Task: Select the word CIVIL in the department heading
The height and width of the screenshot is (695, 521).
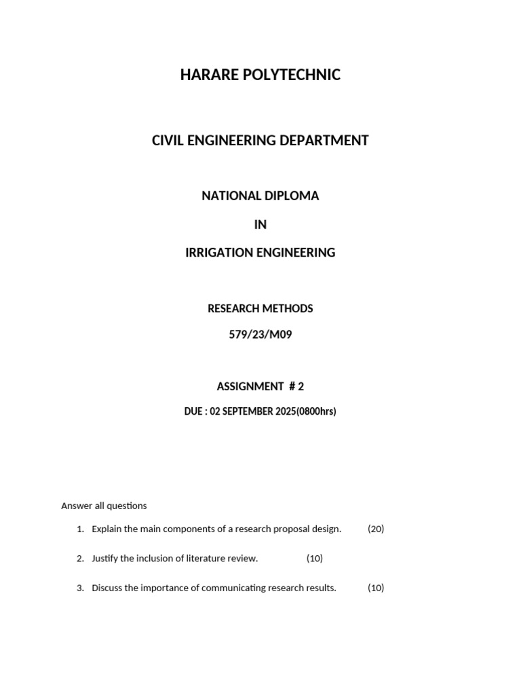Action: click(168, 140)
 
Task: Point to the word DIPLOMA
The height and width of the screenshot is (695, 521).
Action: click(291, 196)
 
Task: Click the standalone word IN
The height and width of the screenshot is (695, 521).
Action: click(260, 225)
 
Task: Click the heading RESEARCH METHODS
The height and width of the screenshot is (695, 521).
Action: click(260, 309)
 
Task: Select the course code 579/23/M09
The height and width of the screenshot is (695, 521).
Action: click(260, 335)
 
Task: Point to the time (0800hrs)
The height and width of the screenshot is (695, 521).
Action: click(316, 412)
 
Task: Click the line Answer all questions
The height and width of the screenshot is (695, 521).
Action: click(104, 506)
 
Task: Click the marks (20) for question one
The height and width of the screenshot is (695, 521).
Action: click(376, 529)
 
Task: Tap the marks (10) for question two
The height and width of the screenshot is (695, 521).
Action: click(315, 559)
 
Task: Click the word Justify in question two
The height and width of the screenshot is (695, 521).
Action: click(106, 559)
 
